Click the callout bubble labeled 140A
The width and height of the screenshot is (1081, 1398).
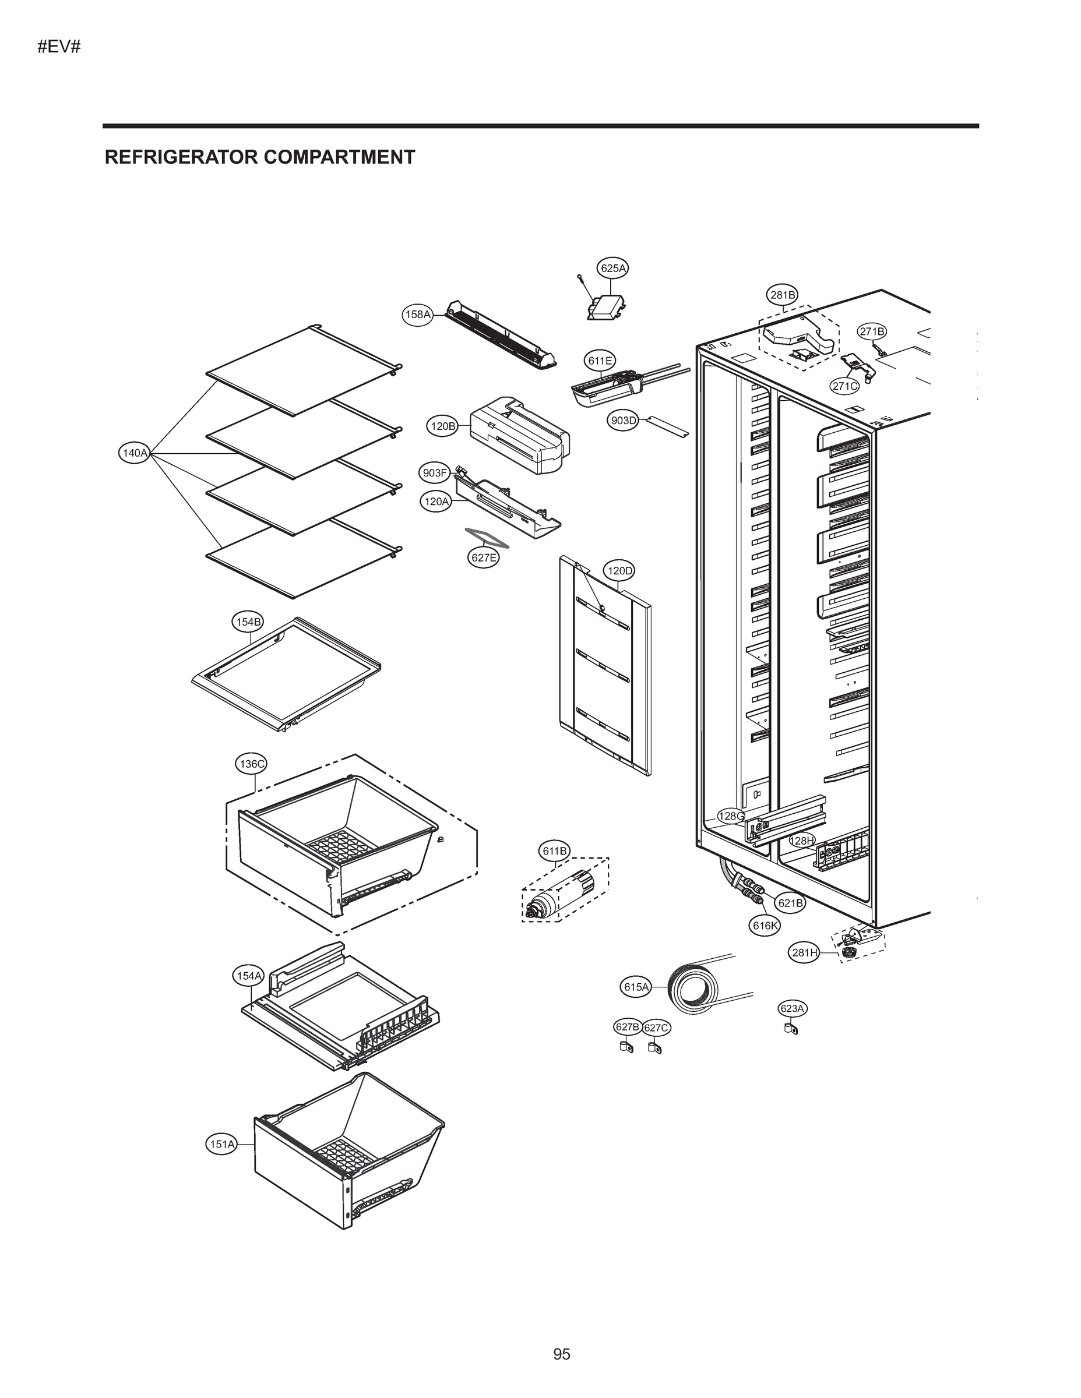tap(135, 453)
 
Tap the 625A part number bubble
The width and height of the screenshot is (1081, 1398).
tap(613, 268)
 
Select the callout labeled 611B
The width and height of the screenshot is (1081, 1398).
tap(555, 850)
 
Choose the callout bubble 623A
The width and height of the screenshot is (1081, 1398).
tap(792, 1008)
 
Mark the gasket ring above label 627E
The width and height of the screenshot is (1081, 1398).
tap(487, 538)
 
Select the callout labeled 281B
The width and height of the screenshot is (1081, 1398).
tap(783, 295)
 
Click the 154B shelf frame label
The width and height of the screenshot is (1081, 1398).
tap(247, 621)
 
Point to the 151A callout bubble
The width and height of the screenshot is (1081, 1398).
tap(221, 1144)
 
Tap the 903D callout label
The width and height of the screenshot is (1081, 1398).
tap(622, 421)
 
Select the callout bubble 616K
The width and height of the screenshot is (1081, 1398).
tap(765, 925)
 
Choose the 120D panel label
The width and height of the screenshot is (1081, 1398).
tap(619, 570)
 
